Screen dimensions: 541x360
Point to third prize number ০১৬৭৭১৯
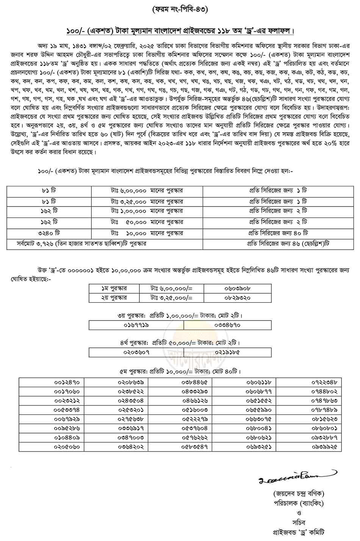[136, 325]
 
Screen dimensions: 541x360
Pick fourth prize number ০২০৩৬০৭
[136, 352]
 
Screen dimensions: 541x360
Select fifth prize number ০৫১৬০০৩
[194, 410]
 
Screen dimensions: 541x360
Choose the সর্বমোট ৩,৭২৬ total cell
[82, 244]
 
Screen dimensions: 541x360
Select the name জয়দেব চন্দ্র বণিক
[299, 494]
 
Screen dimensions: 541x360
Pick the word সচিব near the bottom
[299, 522]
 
